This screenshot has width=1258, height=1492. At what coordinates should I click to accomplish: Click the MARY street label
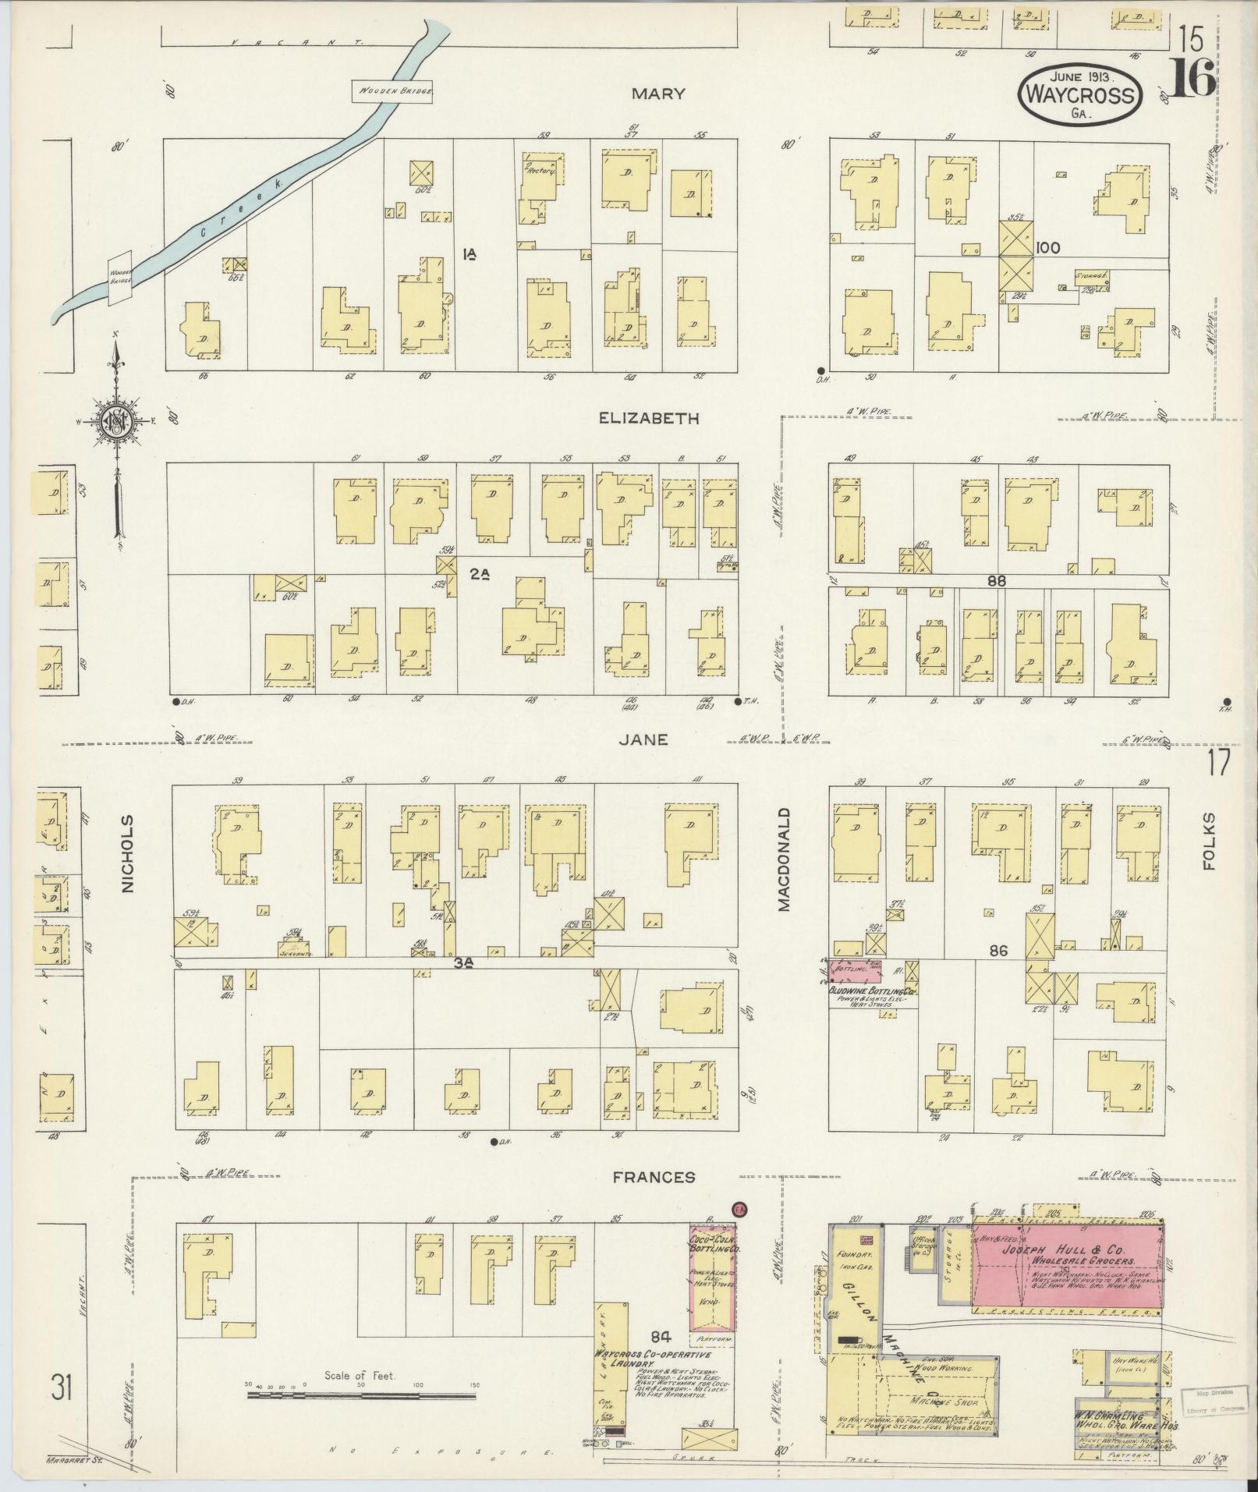point(658,94)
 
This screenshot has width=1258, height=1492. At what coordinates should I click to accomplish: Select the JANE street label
point(644,739)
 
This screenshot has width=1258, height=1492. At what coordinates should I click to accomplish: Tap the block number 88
point(996,580)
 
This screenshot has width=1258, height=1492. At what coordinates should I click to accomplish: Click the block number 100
point(1048,248)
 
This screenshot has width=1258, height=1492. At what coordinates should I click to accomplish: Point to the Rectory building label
point(539,170)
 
